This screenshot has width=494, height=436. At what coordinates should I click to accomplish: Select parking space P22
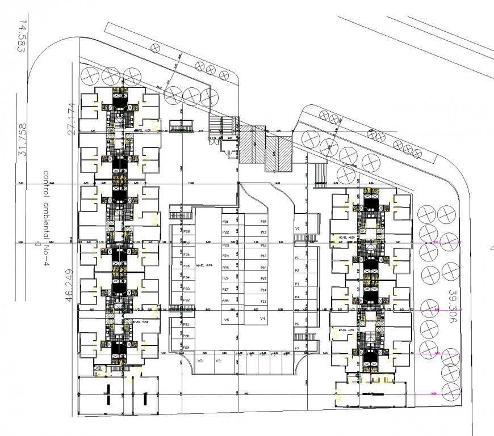coord(225,232)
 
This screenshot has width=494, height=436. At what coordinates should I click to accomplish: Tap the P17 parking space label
coord(263,232)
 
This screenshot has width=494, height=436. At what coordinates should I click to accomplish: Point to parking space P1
coord(296,257)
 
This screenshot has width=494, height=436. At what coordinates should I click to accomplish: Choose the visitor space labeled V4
coord(262,319)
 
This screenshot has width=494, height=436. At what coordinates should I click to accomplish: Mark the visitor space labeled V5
coord(226,320)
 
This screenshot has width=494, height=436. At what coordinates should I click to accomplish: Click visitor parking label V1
coord(297,228)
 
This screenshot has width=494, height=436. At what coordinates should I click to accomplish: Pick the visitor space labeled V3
coord(200,361)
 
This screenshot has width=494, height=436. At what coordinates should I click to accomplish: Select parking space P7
coord(296,348)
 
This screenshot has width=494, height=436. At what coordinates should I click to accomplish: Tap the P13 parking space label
coord(263,301)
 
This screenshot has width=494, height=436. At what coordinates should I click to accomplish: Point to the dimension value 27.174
coord(71,118)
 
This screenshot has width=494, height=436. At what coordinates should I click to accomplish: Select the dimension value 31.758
coord(23,142)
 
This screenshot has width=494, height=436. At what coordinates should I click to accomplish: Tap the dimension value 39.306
coord(452,307)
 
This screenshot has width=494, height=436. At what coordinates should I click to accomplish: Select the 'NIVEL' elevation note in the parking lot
coord(203,265)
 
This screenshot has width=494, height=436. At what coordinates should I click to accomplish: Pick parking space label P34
coord(187,277)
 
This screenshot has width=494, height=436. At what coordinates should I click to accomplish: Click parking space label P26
coord(225,278)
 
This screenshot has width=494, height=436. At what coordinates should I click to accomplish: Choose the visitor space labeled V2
coord(218,361)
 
